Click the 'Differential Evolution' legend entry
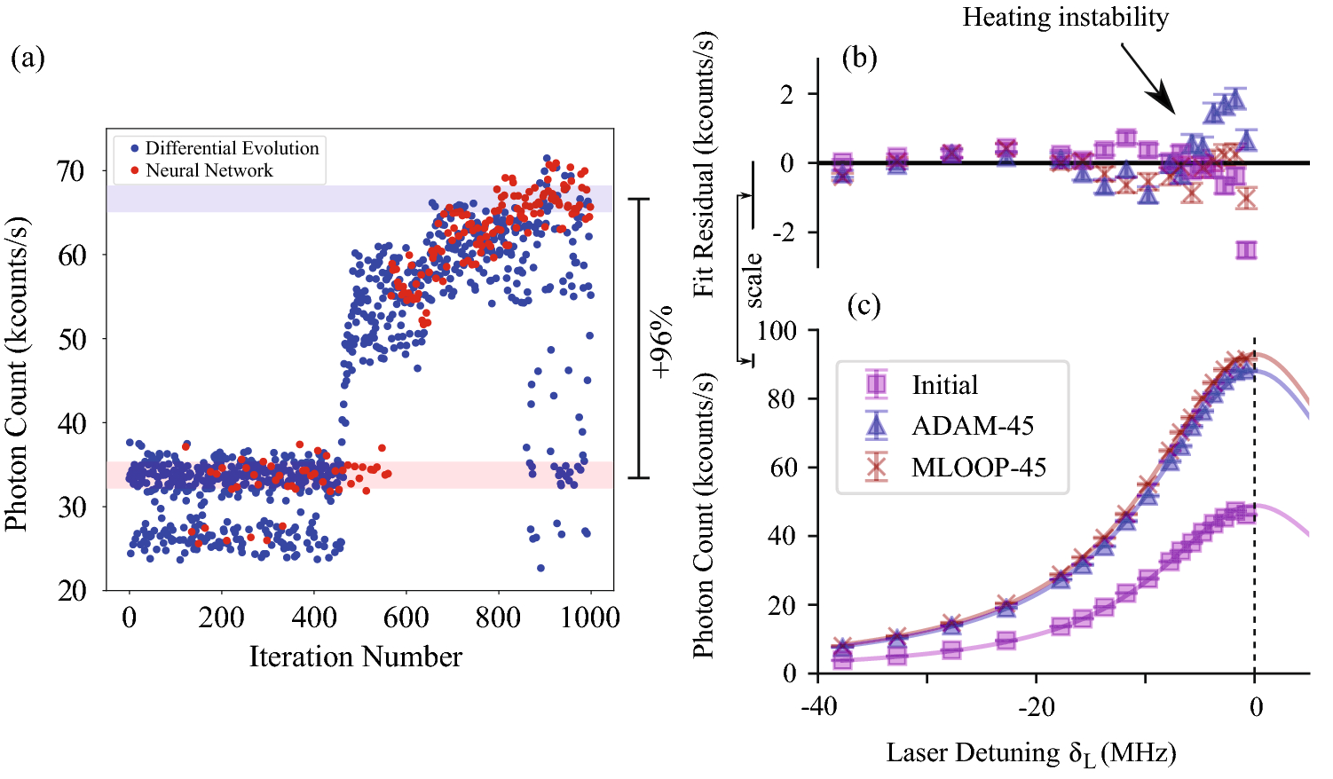click(231, 148)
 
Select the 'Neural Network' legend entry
click(209, 170)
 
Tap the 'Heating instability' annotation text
click(1065, 17)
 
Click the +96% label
click(662, 342)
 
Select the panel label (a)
click(28, 59)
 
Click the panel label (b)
click(859, 59)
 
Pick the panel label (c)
click(864, 306)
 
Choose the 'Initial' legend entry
click(944, 385)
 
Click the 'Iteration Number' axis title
click(355, 657)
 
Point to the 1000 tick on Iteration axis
click(589, 617)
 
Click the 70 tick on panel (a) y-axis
click(72, 170)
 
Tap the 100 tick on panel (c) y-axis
click(777, 330)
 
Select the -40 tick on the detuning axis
click(817, 707)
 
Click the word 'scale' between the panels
click(753, 280)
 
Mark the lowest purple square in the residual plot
click(1246, 250)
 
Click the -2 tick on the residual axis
click(786, 232)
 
